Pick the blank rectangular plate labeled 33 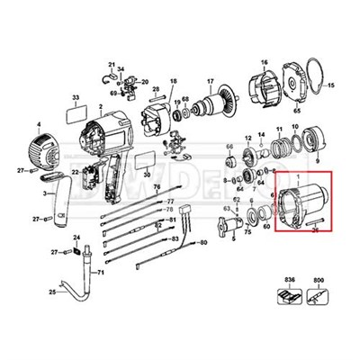coord(78,115)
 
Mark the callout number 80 coord(203,244)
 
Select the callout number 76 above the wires coord(156,187)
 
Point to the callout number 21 coord(112,65)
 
